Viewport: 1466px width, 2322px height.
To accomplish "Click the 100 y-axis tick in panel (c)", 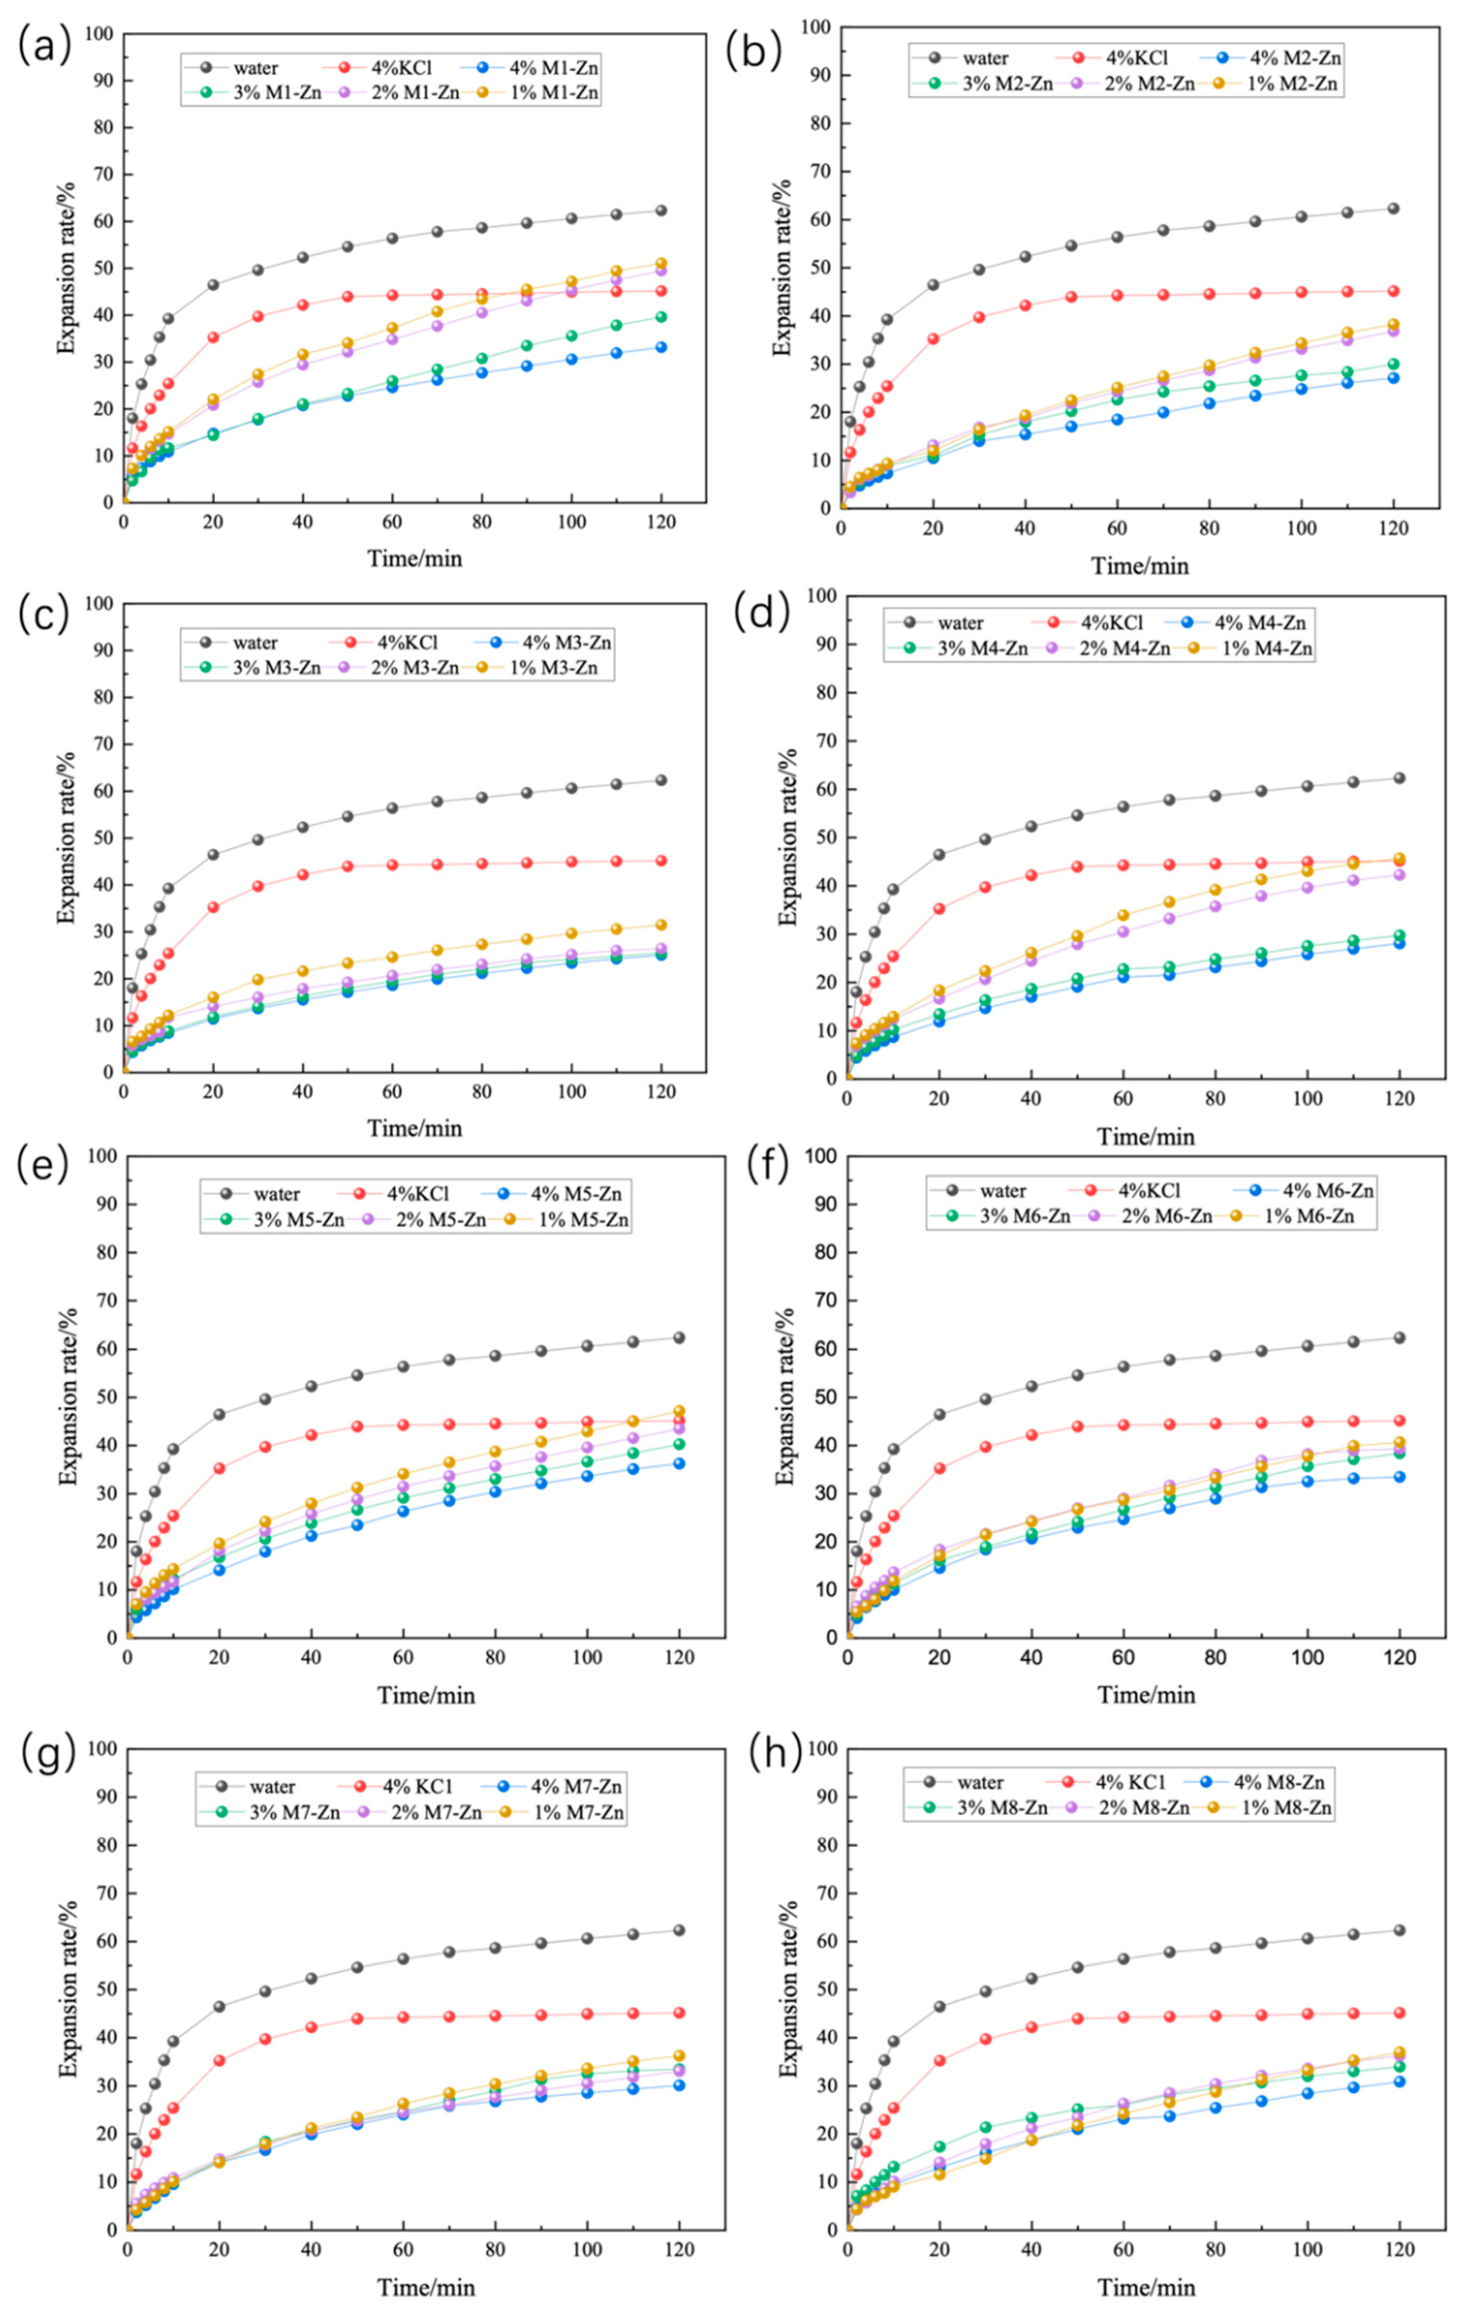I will (99, 605).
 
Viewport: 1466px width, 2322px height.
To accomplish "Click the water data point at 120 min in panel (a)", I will (661, 210).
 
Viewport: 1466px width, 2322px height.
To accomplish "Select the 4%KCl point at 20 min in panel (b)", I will (933, 338).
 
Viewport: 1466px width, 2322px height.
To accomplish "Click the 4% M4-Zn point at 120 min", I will (1399, 943).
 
